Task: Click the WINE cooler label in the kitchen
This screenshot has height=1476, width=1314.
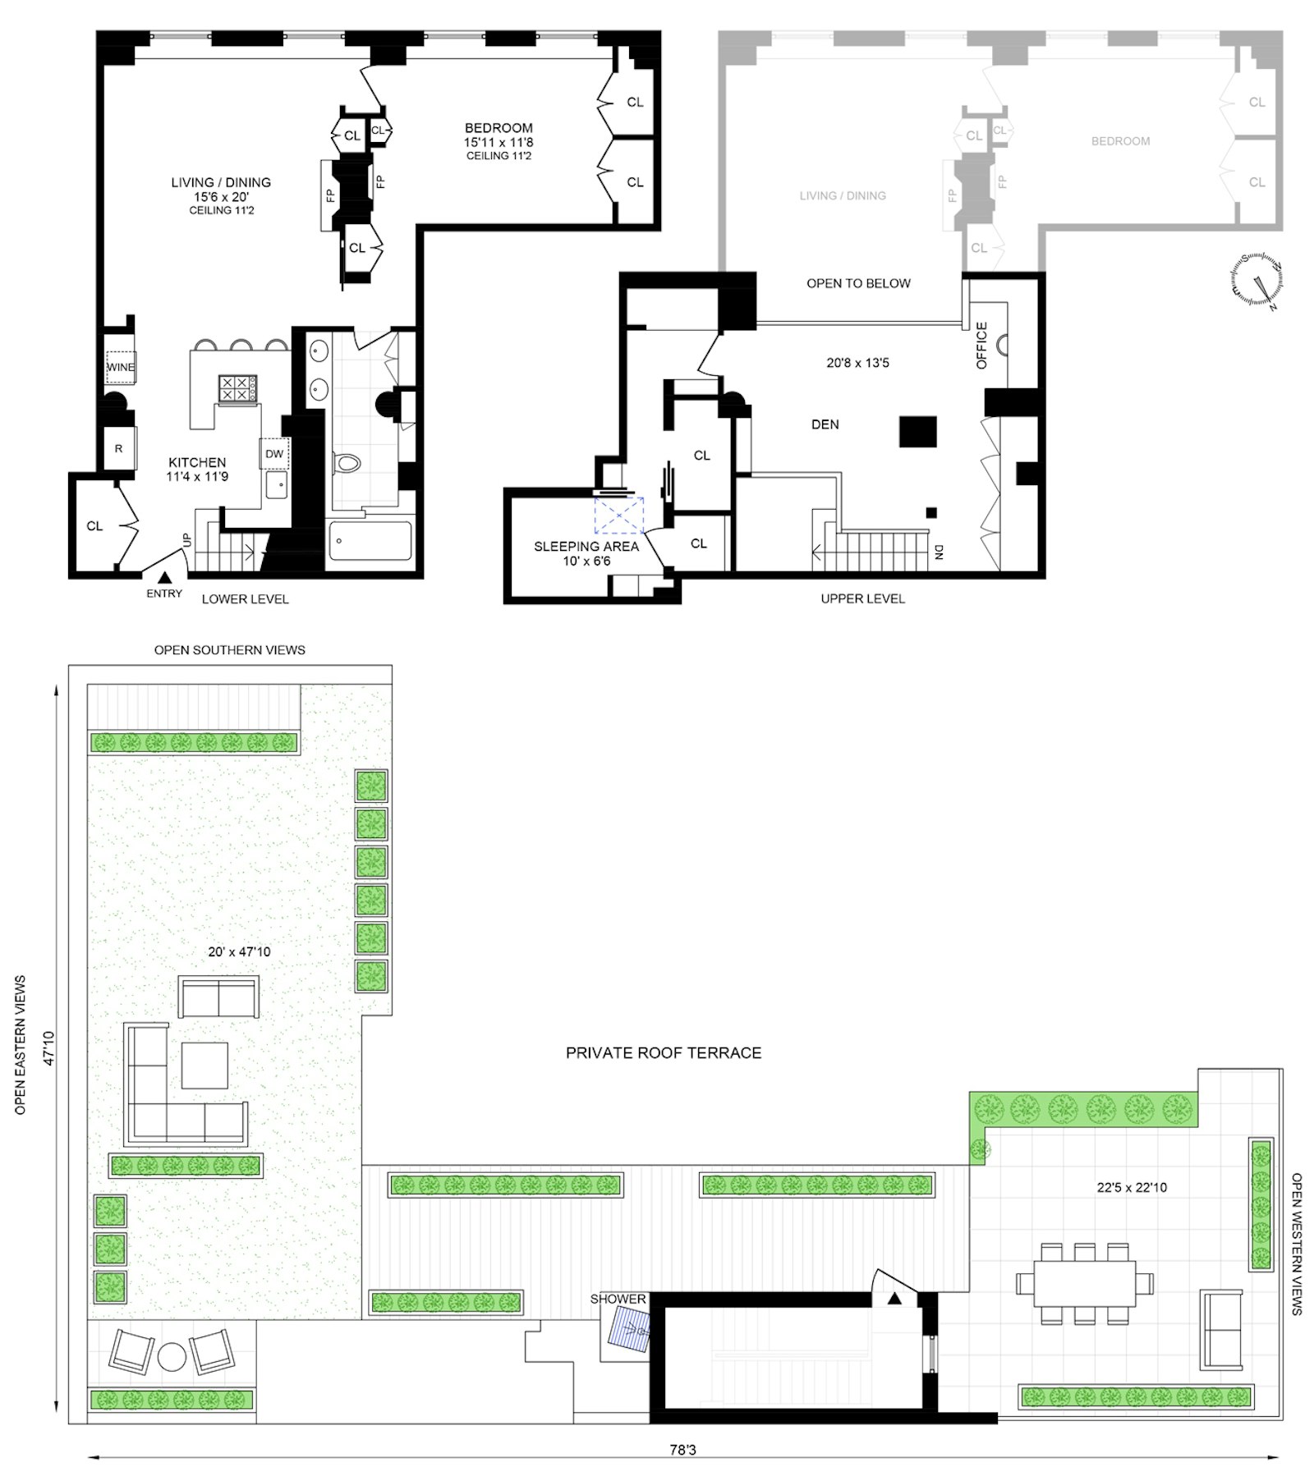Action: coord(121,367)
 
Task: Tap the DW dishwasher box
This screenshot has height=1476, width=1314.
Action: coord(274,454)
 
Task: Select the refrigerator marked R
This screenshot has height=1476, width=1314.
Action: coord(119,448)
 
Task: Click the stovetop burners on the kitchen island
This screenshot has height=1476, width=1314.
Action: coord(237,388)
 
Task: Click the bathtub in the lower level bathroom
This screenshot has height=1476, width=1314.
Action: coord(370,540)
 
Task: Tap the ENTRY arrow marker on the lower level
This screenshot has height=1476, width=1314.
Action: coord(164,580)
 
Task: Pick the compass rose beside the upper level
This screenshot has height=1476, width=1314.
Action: coord(1257,281)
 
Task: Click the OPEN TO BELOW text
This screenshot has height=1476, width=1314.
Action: coord(858,283)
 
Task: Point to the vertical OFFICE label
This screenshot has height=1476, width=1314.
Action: coord(981,345)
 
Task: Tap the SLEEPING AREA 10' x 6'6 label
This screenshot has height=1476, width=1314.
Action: coord(586,553)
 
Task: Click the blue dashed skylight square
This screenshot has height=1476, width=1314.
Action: coord(619,516)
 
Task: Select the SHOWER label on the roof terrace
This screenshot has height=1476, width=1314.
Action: coord(618,1300)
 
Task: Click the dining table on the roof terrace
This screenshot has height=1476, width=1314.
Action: coord(1084,1283)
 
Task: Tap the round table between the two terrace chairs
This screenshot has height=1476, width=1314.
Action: coord(172,1357)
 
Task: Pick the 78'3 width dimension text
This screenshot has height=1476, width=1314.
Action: coord(682,1451)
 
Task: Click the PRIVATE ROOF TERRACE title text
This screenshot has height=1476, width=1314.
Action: coord(664,1052)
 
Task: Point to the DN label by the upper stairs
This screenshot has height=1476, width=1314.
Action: coord(939,552)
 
